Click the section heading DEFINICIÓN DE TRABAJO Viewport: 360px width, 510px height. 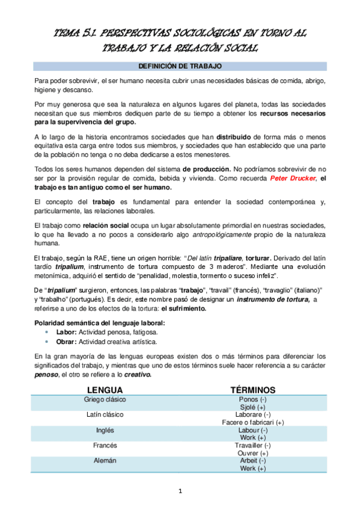click(180, 65)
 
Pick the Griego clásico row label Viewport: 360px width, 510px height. click(105, 399)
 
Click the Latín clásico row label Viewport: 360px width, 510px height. click(105, 415)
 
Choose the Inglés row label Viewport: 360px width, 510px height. click(105, 431)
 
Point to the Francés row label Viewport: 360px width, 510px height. click(105, 446)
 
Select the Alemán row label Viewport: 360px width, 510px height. click(105, 461)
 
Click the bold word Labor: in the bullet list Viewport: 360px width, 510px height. click(66, 332)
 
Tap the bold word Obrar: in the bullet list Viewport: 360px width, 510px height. click(67, 341)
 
